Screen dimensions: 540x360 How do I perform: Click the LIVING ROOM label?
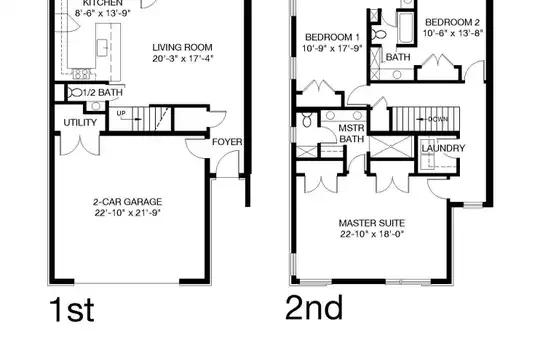tap(182, 48)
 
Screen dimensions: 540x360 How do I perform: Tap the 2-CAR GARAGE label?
tap(127, 202)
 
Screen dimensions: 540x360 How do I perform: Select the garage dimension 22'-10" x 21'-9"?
tap(128, 213)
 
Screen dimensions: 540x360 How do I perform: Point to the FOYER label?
tap(227, 142)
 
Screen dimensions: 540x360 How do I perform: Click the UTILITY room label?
tap(80, 123)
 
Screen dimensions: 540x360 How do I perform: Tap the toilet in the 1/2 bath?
tap(75, 92)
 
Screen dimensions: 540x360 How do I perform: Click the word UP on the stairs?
tap(121, 113)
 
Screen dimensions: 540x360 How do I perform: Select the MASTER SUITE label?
tap(372, 223)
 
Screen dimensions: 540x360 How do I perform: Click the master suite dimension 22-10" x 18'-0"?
tap(372, 234)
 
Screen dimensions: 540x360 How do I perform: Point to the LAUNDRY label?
tap(443, 148)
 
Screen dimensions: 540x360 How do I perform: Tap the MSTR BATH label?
tap(351, 134)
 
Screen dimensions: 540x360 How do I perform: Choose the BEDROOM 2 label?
tap(452, 22)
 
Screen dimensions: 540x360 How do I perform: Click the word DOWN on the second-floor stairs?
tap(438, 119)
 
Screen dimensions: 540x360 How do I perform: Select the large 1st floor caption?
tap(72, 310)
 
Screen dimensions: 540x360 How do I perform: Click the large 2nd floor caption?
tap(314, 308)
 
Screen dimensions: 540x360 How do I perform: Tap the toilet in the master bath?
tap(307, 120)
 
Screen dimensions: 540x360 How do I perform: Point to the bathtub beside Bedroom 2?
tap(405, 28)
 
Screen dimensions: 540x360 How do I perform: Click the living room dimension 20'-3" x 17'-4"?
tap(183, 59)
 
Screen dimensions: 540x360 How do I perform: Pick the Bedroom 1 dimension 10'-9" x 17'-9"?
tap(332, 49)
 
